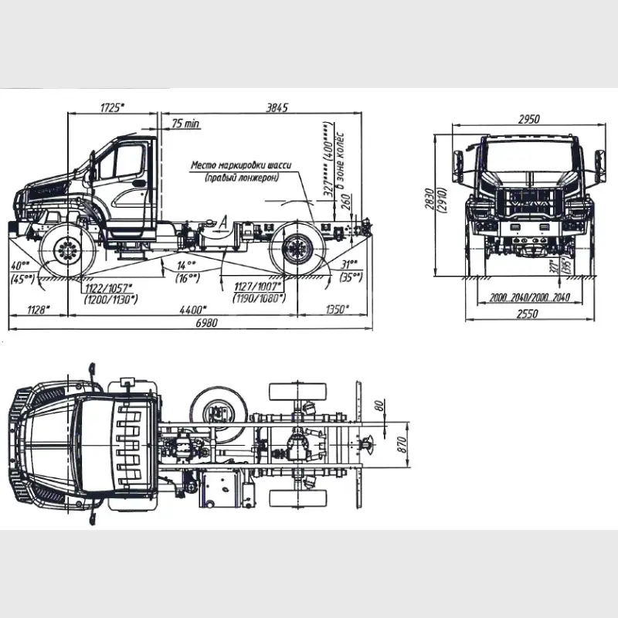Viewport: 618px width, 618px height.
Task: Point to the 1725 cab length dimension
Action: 113,108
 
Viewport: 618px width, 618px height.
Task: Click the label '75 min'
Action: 185,124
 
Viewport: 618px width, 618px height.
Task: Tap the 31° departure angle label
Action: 350,264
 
